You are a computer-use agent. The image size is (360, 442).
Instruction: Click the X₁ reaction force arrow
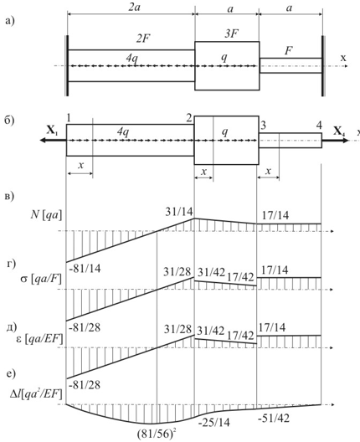click(53, 140)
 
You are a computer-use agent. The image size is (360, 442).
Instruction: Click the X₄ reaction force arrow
click(335, 140)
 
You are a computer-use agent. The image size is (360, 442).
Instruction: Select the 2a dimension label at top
click(134, 8)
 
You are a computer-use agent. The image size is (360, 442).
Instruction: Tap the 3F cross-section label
click(231, 33)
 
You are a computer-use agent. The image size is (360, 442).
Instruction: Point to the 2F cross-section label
click(142, 39)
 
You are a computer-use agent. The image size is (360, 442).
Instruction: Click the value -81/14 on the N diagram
click(85, 269)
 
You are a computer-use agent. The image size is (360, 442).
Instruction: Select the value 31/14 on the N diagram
click(178, 212)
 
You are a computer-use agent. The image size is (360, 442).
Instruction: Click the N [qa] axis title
click(46, 215)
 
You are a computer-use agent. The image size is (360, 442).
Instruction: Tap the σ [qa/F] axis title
click(44, 280)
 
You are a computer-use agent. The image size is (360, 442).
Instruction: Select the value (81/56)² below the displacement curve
click(159, 434)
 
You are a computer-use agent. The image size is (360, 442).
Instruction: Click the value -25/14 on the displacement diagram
click(214, 423)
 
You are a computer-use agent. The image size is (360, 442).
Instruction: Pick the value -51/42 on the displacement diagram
click(274, 419)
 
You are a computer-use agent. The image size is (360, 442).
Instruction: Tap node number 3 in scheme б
click(264, 126)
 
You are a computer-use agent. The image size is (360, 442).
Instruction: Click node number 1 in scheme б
click(69, 119)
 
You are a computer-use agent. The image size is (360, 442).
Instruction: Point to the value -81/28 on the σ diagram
click(85, 328)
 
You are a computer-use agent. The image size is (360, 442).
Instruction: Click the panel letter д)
click(13, 327)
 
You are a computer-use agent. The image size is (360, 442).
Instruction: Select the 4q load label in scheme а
click(131, 58)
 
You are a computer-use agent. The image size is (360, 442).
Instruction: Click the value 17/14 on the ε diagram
click(272, 327)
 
